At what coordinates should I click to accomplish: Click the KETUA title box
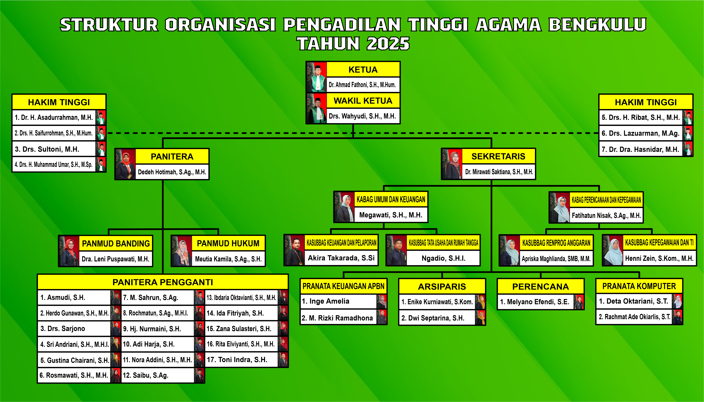click(363, 70)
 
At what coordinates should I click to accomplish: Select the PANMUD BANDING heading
click(116, 244)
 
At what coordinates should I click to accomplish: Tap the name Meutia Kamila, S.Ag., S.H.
click(228, 259)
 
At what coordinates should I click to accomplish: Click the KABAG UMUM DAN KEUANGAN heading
click(391, 199)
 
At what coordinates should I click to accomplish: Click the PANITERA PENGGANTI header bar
click(163, 282)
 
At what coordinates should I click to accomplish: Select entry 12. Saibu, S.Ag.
click(145, 375)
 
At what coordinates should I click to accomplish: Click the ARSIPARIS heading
click(442, 287)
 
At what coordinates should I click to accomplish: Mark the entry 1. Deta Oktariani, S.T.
click(633, 301)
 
